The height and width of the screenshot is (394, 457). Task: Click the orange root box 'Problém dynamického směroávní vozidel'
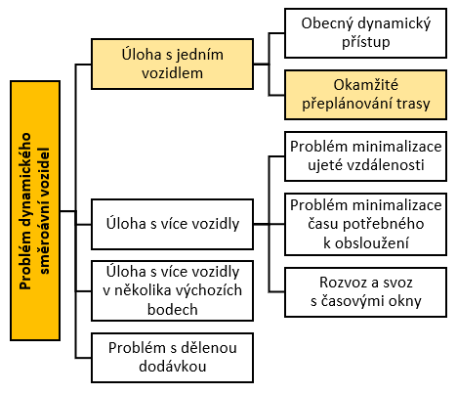35,210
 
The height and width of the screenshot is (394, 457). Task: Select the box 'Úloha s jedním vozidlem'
172,64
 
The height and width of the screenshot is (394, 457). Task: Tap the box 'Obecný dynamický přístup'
365,33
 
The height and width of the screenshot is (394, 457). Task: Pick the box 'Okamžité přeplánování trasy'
365,95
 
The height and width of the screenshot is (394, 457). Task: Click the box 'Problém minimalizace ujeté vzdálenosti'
365,156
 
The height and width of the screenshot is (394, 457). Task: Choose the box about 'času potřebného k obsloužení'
365,224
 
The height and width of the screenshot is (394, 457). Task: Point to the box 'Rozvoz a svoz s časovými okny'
365,292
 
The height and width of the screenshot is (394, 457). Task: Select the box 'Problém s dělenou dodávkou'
172,358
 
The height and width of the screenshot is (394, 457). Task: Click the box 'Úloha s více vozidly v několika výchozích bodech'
172,290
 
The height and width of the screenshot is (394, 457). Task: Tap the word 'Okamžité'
365,85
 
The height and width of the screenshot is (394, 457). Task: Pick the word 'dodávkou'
173,367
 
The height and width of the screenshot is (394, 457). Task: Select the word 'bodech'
173,309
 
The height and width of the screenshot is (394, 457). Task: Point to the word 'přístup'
366,42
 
